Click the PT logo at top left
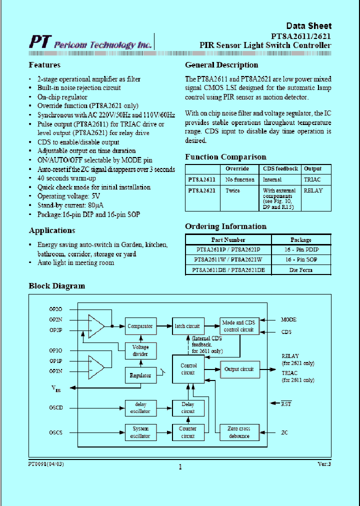38,42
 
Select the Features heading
44,65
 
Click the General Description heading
221,65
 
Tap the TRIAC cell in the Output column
312,179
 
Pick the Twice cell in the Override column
233,190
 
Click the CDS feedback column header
280,168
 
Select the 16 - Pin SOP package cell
302,259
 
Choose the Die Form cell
301,270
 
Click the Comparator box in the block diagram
140,326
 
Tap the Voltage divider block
140,350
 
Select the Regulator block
140,375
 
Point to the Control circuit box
188,369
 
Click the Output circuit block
239,369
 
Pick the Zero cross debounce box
239,432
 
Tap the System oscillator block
140,432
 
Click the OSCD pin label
56,407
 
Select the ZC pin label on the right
284,432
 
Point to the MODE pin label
288,319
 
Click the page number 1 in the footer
180,467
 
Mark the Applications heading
52,230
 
